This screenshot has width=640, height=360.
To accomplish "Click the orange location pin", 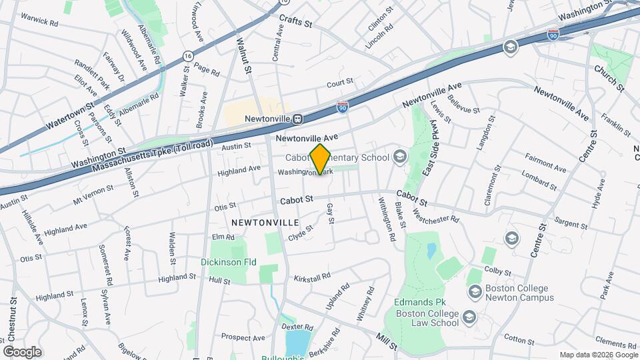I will click(321, 159).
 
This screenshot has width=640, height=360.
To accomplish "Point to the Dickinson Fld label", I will click(229, 262).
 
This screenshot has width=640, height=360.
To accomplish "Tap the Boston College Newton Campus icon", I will click(475, 291).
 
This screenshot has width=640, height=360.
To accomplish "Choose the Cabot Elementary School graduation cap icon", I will click(400, 157).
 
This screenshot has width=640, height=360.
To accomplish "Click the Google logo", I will click(22, 351).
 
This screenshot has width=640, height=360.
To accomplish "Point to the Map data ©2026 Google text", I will click(597, 355).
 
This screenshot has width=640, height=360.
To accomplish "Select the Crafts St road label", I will click(296, 22).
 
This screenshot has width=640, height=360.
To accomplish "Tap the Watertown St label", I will click(71, 117).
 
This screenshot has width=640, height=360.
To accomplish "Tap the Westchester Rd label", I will click(437, 215).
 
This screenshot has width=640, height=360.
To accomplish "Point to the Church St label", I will click(609, 79).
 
